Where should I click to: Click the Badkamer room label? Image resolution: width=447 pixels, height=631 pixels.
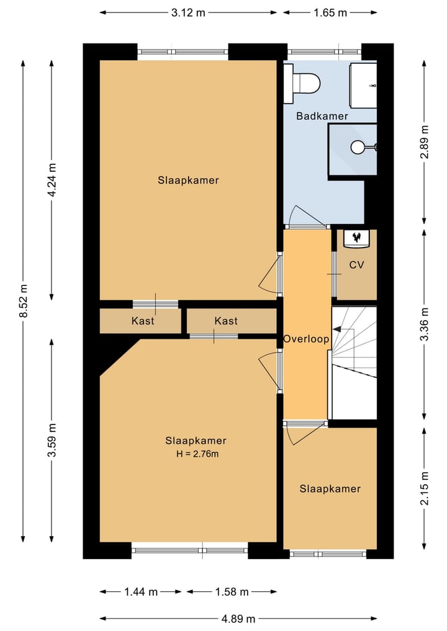pos(322,116)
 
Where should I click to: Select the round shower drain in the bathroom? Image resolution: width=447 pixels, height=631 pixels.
pos(357,147)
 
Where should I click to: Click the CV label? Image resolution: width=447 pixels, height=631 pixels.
pos(356,264)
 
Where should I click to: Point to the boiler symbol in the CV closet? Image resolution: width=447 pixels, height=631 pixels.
pos(356,238)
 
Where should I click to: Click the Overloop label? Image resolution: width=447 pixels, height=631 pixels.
pos(306,339)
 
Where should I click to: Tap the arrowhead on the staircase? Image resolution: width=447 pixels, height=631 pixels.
pos(336,329)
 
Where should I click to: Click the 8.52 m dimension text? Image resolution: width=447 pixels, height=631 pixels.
pos(24,301)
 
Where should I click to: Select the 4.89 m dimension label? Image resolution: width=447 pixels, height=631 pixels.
pos(238,618)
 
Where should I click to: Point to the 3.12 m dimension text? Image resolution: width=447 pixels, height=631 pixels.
pos(188,13)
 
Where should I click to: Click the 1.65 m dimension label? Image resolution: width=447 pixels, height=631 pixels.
pos(330,13)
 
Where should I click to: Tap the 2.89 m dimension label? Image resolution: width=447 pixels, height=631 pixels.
pos(425,141)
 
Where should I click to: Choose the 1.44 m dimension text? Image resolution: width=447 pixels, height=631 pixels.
pos(141,592)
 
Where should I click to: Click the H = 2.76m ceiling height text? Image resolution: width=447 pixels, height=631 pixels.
pos(197,454)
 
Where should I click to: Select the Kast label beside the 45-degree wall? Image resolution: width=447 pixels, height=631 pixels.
pos(143,321)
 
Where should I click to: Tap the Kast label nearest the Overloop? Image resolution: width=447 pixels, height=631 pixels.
pos(226,321)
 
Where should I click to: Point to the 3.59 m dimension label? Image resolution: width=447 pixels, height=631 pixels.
pos(52,441)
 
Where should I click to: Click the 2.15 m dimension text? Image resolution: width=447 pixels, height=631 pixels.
pos(425,488)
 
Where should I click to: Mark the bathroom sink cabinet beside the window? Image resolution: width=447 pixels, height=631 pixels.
pos(363,86)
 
